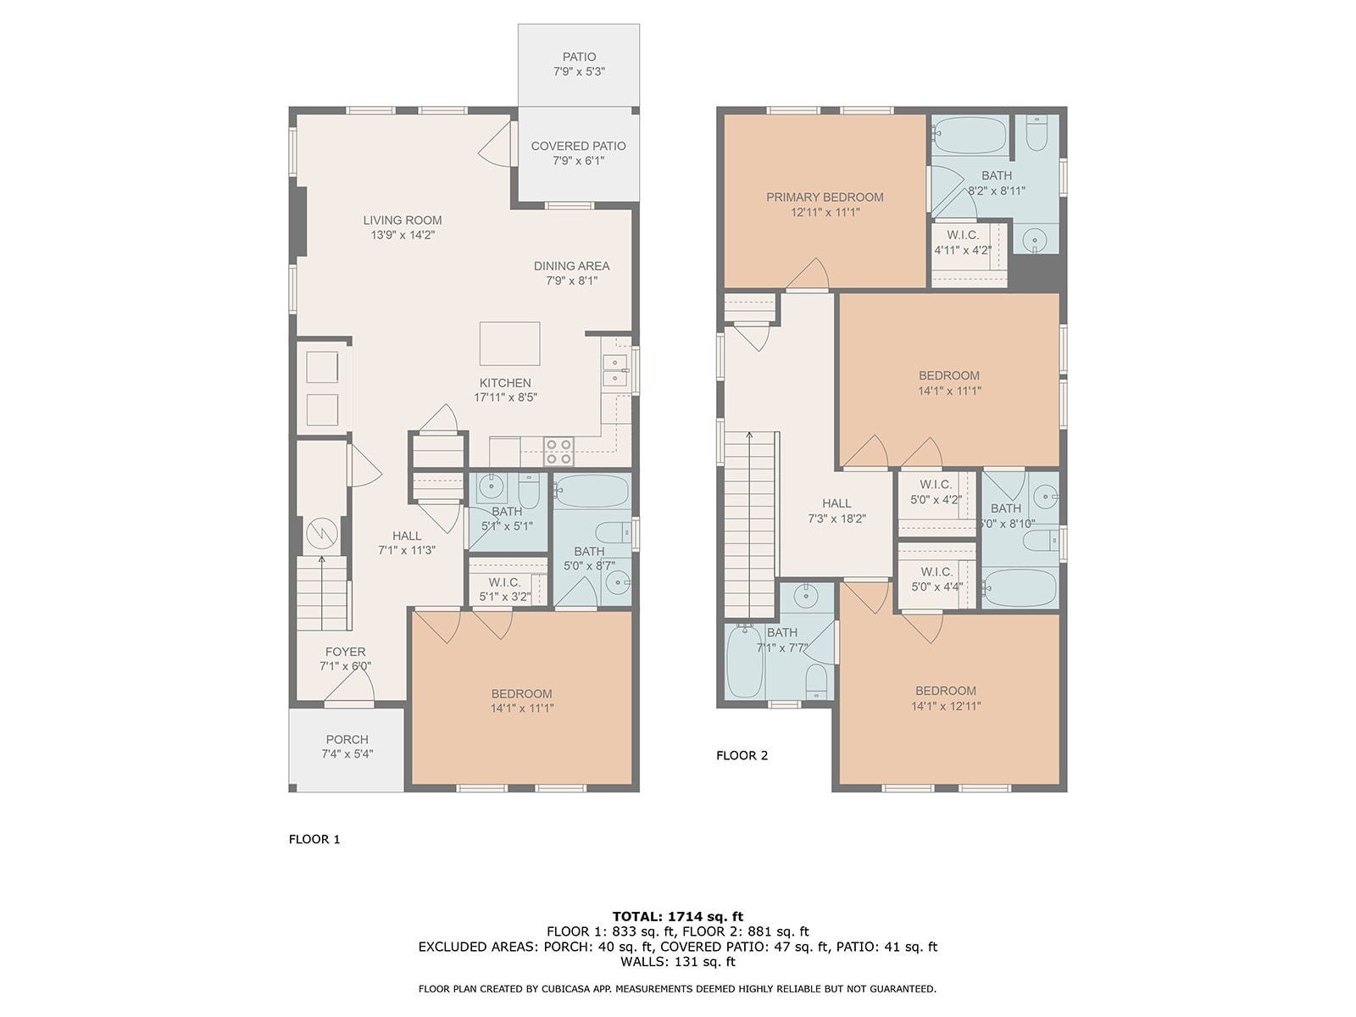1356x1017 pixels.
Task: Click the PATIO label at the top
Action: pyautogui.click(x=578, y=57)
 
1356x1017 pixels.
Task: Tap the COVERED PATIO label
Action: pyautogui.click(x=578, y=147)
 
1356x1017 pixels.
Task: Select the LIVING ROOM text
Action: pyautogui.click(x=403, y=220)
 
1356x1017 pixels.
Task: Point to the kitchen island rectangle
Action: pyautogui.click(x=509, y=343)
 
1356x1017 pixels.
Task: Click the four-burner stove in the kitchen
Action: pyautogui.click(x=559, y=452)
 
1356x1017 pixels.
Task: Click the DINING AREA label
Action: pyautogui.click(x=571, y=266)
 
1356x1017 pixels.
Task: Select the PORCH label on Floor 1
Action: pyautogui.click(x=347, y=739)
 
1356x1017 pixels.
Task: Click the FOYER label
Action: pyautogui.click(x=345, y=652)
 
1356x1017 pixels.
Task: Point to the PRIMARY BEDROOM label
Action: pyautogui.click(x=825, y=197)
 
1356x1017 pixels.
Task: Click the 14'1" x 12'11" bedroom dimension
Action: pyautogui.click(x=946, y=706)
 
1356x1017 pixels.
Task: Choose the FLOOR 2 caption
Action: pyautogui.click(x=742, y=755)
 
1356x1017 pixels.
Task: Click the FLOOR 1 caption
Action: pyautogui.click(x=314, y=839)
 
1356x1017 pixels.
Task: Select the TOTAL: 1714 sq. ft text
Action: pyautogui.click(x=678, y=916)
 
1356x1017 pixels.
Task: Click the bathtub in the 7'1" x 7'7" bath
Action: pyautogui.click(x=744, y=661)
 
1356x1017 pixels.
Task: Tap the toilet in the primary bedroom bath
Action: pyautogui.click(x=1036, y=133)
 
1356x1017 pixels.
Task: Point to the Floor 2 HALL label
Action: pyautogui.click(x=836, y=504)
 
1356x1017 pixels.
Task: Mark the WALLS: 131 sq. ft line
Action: pyautogui.click(x=678, y=961)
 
